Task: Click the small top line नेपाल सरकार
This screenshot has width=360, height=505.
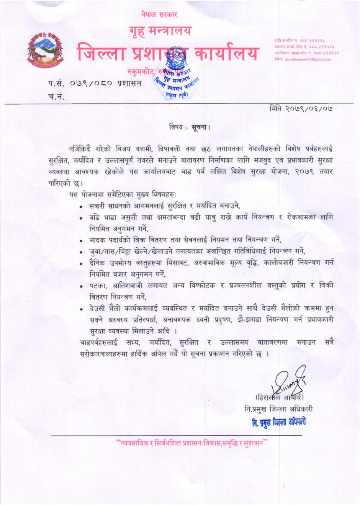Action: coord(159,15)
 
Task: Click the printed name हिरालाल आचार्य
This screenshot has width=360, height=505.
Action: coord(279,397)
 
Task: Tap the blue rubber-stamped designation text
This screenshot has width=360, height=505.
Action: coord(279,422)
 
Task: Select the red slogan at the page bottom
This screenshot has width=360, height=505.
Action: coord(191,443)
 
